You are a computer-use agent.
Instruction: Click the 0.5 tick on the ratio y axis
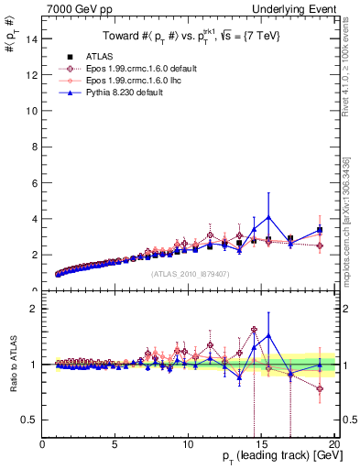(29, 420)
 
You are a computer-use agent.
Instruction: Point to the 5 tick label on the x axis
(115, 446)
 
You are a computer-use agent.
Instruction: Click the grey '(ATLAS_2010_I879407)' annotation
(190, 273)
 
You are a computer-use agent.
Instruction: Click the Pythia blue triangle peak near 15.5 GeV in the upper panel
(268, 217)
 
